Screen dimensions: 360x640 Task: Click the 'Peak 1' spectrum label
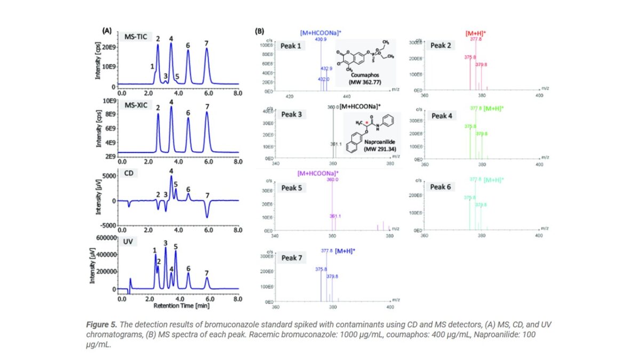click(292, 46)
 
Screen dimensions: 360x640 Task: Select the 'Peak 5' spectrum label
click(292, 188)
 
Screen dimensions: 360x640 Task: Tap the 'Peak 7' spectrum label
click(292, 258)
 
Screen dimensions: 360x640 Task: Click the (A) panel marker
click(107, 31)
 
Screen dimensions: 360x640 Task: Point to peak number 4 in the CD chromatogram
click(171, 171)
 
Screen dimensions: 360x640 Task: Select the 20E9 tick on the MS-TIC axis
click(109, 47)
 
